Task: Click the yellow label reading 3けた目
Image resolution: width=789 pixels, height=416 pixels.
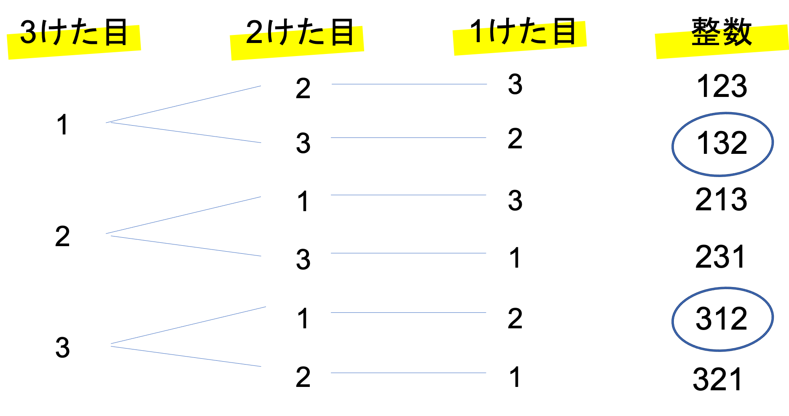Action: point(74,42)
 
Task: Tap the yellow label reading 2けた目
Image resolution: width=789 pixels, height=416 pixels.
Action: point(297,43)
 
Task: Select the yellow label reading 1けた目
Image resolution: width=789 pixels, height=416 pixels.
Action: point(519,38)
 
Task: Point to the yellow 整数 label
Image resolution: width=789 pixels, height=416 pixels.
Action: point(722,42)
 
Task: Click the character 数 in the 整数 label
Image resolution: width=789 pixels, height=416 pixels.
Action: point(738,36)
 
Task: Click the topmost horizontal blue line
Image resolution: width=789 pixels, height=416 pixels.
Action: point(409,84)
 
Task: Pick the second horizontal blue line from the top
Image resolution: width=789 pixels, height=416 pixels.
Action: point(408,138)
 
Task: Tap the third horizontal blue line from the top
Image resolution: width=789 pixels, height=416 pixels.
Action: point(408,195)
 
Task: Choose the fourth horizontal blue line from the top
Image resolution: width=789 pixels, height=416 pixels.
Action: point(408,253)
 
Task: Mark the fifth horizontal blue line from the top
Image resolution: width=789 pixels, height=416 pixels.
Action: point(408,313)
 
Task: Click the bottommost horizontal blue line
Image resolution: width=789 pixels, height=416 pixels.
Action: point(408,373)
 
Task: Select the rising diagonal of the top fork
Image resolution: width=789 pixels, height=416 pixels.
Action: point(183,104)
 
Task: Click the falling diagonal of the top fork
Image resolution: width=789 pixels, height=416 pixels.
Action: point(185,133)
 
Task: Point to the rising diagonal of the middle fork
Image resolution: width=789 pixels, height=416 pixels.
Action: point(183,215)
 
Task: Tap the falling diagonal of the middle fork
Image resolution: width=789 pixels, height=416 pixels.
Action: point(185,246)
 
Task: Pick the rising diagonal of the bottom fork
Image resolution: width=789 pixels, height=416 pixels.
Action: point(188,325)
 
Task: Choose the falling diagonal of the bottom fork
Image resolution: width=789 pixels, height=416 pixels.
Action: point(185,357)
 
